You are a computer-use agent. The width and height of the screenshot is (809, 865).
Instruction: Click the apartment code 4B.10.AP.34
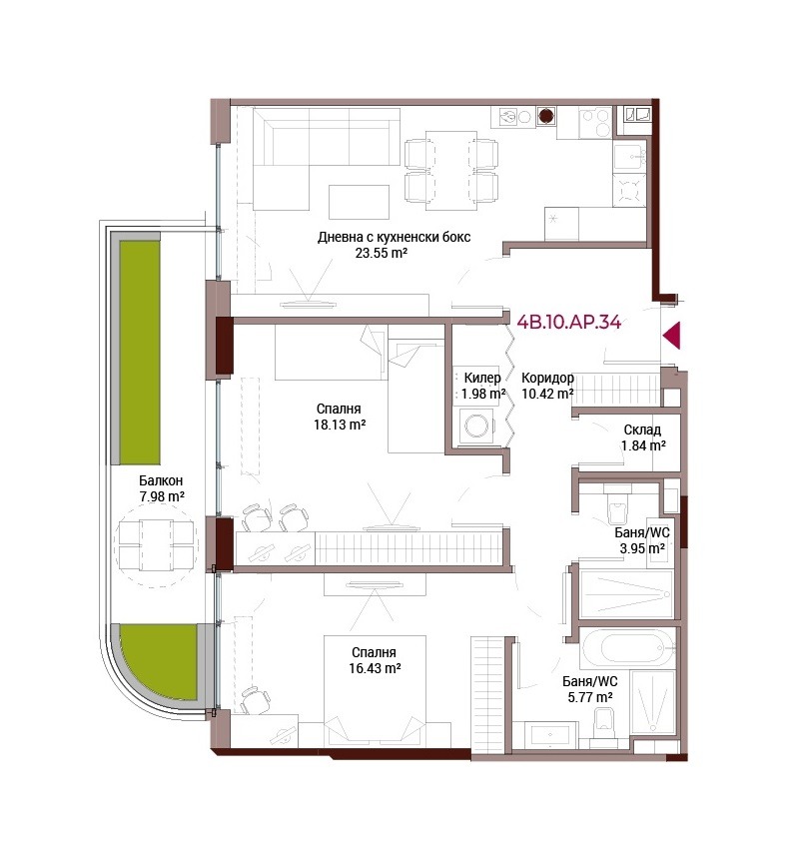coord(568,322)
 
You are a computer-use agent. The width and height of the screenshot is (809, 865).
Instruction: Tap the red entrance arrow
coord(672,336)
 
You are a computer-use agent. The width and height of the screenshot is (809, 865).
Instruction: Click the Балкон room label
coord(161,480)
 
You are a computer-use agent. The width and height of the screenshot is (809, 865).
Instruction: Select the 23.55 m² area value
coord(382,254)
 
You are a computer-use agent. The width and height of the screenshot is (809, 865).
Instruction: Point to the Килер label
coord(482,378)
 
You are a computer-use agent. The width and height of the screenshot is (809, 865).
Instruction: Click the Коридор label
coord(547,379)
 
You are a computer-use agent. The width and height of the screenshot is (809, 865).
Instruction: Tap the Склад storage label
coord(642,430)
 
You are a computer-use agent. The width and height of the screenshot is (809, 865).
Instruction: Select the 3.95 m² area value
coord(642,548)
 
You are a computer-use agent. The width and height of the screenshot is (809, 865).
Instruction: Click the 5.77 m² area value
coord(590,697)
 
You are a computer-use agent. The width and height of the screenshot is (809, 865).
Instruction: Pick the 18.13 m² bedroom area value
coord(340,425)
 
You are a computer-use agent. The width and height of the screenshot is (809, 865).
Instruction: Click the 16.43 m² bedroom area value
coord(375,668)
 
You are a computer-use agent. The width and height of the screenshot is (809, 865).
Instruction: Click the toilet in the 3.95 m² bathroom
coord(617,506)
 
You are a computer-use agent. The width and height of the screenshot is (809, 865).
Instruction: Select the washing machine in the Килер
coord(476,426)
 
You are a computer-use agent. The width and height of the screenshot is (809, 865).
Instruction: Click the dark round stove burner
coord(545,116)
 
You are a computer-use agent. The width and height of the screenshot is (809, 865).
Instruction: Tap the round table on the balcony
coord(156,545)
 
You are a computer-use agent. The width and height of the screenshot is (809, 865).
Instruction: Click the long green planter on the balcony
coord(140,353)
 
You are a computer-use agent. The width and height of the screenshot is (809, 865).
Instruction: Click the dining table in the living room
coord(451,171)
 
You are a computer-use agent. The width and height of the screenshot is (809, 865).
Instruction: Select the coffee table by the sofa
coord(359,202)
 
